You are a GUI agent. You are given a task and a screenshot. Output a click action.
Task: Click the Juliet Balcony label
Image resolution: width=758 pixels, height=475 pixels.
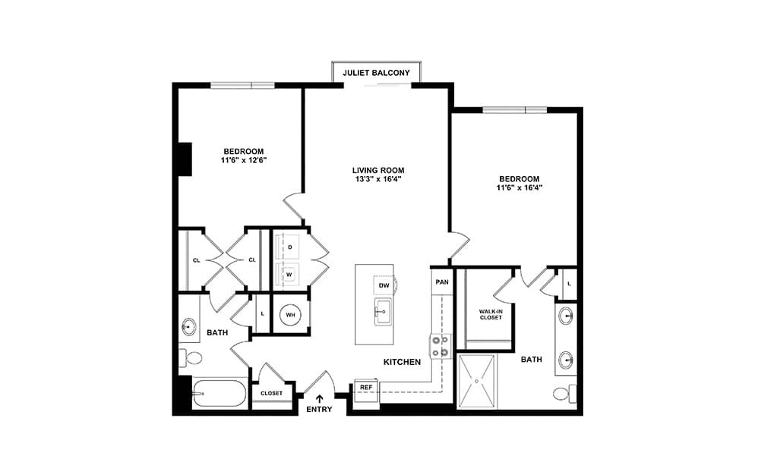click(x=376, y=73)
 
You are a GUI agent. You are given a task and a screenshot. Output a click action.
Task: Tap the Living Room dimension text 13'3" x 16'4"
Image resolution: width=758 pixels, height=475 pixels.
click(x=378, y=179)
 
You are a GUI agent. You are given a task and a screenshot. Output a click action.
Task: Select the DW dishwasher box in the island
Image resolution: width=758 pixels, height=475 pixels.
click(x=384, y=285)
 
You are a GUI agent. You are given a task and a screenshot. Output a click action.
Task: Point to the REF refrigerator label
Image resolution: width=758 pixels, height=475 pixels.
click(x=366, y=387)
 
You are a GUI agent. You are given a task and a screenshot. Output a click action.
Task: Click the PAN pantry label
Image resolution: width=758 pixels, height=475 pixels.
click(x=442, y=282)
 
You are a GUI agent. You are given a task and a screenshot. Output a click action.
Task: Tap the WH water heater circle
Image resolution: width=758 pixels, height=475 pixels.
click(x=290, y=315)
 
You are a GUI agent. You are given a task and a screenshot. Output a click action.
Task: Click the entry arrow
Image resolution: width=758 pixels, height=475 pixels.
click(x=320, y=398)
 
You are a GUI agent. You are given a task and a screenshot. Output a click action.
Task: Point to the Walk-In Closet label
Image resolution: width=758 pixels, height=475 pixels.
click(x=491, y=315)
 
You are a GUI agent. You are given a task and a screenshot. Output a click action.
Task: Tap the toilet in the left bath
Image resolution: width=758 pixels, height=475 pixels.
click(x=191, y=358)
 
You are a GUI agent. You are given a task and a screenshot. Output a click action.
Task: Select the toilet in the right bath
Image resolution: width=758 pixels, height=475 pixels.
click(x=564, y=393)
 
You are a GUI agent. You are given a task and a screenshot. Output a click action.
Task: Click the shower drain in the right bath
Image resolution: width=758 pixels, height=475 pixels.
click(x=476, y=382)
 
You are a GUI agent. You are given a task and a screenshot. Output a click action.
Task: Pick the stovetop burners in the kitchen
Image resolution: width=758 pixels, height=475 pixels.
click(x=440, y=346)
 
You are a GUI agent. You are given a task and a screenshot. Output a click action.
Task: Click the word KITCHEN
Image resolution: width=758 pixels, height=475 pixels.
click(x=403, y=362)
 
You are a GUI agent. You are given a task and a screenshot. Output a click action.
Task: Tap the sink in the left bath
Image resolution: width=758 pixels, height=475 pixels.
click(x=189, y=327)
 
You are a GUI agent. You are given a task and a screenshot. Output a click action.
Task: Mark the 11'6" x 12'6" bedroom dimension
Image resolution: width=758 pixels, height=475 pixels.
click(x=244, y=160)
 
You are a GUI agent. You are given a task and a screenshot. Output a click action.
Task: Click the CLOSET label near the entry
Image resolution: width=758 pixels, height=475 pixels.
click(x=272, y=393)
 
